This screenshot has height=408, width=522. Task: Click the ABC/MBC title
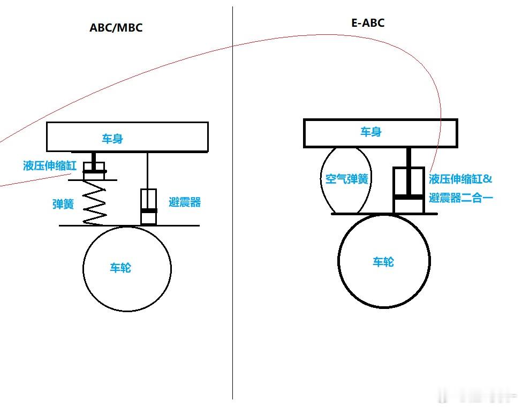[x=116, y=28]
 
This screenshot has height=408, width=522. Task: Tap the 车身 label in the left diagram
[x=112, y=139]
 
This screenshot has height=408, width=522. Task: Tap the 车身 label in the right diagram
[x=370, y=132]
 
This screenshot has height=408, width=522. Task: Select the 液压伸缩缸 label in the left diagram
[x=49, y=165]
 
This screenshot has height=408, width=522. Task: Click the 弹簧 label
[x=63, y=204]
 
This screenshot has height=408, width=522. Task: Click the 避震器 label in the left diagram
[x=184, y=202]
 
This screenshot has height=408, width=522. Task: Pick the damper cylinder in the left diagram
[x=148, y=207]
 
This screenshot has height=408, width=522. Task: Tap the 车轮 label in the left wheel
[x=120, y=268]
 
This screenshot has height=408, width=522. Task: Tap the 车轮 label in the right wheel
[x=383, y=262]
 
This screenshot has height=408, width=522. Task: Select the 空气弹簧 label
[x=347, y=179]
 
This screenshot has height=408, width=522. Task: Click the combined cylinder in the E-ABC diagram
[x=409, y=191]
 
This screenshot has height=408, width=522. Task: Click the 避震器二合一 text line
[x=460, y=198]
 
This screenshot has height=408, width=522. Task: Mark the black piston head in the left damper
[x=148, y=211]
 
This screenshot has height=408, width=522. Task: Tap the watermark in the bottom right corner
[x=476, y=397]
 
